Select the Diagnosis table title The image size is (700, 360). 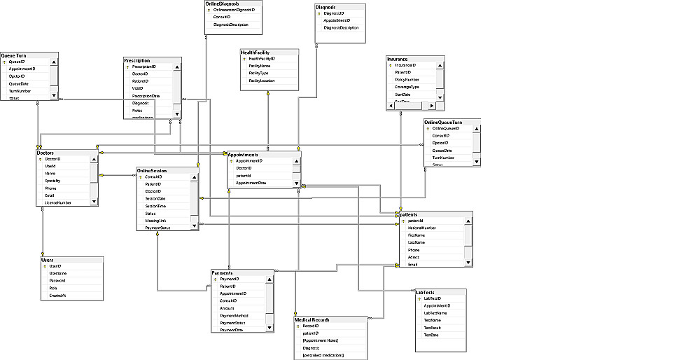pyautogui.click(x=330, y=7)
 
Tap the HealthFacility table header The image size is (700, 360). pyautogui.click(x=255, y=52)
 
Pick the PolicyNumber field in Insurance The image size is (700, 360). pyautogui.click(x=407, y=80)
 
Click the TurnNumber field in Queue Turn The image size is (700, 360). pyautogui.click(x=20, y=91)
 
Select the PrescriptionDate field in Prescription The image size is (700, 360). pyautogui.click(x=146, y=95)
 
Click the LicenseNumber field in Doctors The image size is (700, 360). pyautogui.click(x=58, y=202)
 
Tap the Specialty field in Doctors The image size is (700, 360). pyautogui.click(x=53, y=181)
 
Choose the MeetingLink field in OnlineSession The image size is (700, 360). pyautogui.click(x=156, y=221)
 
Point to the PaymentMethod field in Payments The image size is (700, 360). pyautogui.click(x=234, y=316)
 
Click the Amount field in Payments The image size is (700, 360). pyautogui.click(x=227, y=308)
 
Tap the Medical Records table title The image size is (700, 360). pyautogui.click(x=312, y=319)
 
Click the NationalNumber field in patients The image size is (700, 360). pyautogui.click(x=422, y=228)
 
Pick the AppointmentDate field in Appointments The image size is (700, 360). pyautogui.click(x=251, y=183)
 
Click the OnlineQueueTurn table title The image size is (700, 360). pyautogui.click(x=443, y=123)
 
